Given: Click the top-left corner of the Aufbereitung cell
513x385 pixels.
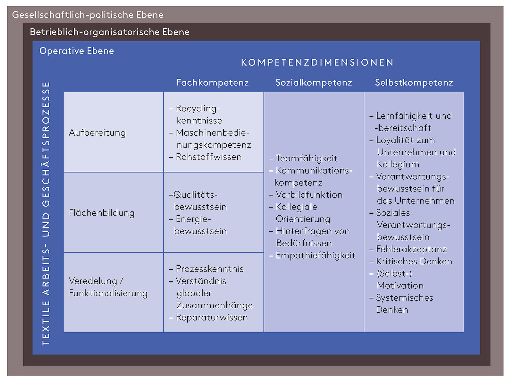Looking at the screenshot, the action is click(63, 92).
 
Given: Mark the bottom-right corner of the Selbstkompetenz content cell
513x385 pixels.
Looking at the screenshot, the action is click(464, 332).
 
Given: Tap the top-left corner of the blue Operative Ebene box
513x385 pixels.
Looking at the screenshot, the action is click(32, 41).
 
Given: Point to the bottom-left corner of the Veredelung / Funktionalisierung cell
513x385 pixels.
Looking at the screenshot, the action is click(63, 332).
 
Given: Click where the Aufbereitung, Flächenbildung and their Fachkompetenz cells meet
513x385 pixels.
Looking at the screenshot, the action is click(164, 172).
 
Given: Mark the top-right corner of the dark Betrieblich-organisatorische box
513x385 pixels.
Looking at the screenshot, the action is click(491, 23).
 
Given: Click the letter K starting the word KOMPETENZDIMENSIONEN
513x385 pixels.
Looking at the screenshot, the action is click(244, 63).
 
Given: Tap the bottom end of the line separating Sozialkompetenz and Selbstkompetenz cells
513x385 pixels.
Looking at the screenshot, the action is click(364, 332).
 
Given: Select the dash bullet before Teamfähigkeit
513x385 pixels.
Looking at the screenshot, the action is click(271, 159).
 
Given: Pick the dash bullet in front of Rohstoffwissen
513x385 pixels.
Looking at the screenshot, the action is click(171, 158).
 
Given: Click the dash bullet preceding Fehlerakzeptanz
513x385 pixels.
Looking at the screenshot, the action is click(371, 250).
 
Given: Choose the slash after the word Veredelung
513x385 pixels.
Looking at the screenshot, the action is click(122, 281).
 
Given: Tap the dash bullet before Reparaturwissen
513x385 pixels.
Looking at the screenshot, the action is click(171, 318).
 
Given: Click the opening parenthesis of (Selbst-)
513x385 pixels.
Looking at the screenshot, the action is click(378, 273).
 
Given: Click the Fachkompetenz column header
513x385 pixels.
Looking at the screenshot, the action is click(213, 82).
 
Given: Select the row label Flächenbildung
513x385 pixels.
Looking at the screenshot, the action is click(102, 213).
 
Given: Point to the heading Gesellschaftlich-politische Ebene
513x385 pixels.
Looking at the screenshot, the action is click(88, 15).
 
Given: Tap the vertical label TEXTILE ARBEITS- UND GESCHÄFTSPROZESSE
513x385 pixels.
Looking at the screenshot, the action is click(46, 213).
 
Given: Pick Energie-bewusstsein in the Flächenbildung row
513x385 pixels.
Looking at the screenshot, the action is click(198, 225).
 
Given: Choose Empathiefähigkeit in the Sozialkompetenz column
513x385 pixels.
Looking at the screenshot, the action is click(312, 255).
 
